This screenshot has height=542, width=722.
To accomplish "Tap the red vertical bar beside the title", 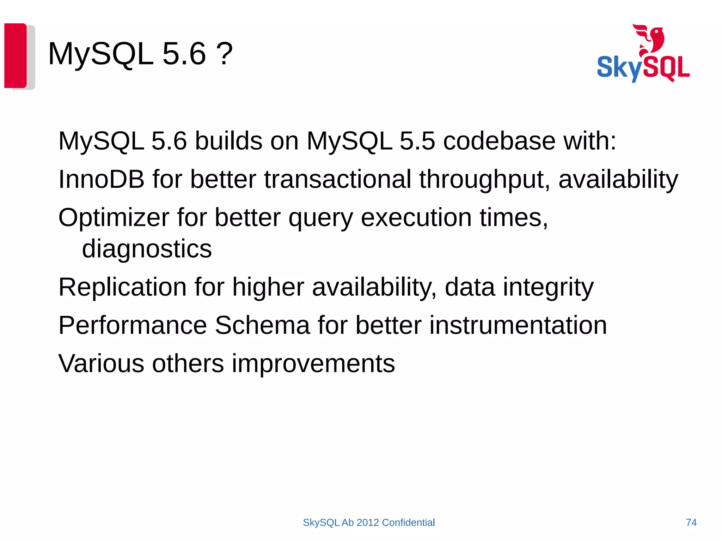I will tap(15, 55).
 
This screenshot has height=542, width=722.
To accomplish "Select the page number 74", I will tap(691, 523).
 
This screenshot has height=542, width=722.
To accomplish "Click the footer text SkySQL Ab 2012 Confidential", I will tap(369, 523).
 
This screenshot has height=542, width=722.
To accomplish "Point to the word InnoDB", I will tap(101, 179).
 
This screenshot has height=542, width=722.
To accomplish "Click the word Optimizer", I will tap(114, 218).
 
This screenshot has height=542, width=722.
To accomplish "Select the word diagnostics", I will tap(147, 249).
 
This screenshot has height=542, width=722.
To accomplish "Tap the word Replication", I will tap(122, 287).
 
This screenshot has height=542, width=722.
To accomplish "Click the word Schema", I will tap(262, 325).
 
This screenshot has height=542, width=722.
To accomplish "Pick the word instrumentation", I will tap(518, 325).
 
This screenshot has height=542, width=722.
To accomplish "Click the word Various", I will tap(101, 363).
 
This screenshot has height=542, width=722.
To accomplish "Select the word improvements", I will tap(313, 364).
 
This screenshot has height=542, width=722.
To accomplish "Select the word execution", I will tap(416, 218).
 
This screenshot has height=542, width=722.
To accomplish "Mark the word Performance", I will tap(133, 325).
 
